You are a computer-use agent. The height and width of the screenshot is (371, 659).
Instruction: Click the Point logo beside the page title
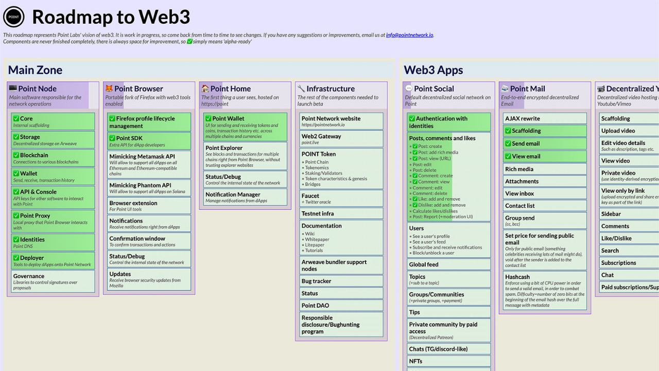pos(14,17)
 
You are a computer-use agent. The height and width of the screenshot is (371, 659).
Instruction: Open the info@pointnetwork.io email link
pos(409,35)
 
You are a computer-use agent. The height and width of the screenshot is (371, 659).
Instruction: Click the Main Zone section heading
pos(35,70)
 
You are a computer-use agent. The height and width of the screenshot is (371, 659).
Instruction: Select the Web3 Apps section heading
pos(433,70)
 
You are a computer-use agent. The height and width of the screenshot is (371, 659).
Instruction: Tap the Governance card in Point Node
pos(53,281)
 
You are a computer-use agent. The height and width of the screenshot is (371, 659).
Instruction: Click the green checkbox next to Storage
pos(16,137)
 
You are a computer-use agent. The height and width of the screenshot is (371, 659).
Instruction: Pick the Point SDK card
pos(149,141)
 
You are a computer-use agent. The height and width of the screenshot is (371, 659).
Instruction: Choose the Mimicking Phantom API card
pos(149,188)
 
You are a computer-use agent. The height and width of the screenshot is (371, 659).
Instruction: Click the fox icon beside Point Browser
pos(109,89)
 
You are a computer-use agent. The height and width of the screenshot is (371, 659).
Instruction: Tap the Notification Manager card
pos(245,197)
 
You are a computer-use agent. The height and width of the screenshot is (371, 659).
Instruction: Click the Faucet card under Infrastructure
pos(341,198)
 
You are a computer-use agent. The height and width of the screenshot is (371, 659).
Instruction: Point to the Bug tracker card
pos(341,281)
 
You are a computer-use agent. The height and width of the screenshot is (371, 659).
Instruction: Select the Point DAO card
pos(341,306)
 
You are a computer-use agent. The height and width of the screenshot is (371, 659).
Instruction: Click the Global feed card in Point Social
pos(448,264)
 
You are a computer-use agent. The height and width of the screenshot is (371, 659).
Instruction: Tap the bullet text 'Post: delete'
pos(424,170)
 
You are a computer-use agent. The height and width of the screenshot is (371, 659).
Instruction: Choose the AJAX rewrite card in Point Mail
pos(545,119)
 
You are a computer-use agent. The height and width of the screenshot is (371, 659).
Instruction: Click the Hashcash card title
pos(517,277)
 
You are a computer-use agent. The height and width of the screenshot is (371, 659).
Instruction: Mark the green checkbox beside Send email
pos(508,144)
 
